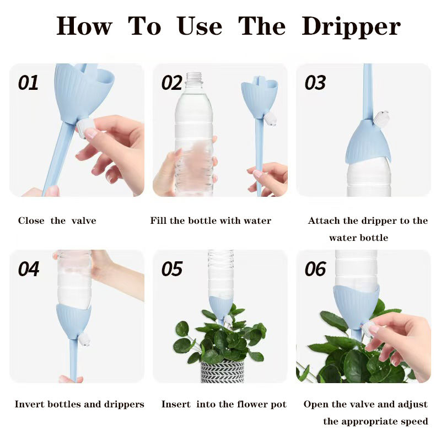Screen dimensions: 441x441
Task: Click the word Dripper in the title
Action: click(x=351, y=26)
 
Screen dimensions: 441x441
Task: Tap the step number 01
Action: click(x=28, y=83)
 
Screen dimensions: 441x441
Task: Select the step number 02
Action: click(x=171, y=83)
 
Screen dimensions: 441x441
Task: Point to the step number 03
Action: click(x=315, y=83)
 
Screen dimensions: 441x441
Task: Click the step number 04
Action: click(x=29, y=269)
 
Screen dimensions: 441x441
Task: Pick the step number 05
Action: click(x=172, y=269)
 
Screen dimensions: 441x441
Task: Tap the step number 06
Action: click(x=315, y=269)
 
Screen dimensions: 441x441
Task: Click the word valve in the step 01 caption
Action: click(x=84, y=220)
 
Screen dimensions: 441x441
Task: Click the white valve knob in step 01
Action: click(x=84, y=128)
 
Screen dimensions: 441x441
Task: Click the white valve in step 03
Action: click(x=381, y=118)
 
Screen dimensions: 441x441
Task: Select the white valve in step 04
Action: click(x=84, y=339)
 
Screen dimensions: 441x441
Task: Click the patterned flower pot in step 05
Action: click(x=223, y=371)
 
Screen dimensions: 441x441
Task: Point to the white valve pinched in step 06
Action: click(x=369, y=330)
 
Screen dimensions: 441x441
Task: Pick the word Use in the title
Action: click(x=200, y=26)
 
